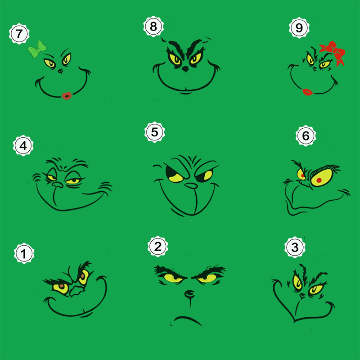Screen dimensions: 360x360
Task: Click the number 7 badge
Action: (19, 34)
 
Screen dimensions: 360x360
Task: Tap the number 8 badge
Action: (153, 27)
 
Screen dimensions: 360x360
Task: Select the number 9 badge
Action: (299, 28)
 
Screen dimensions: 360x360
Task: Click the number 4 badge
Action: (23, 145)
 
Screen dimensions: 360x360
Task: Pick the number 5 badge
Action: (154, 132)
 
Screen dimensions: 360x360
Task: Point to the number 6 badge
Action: (306, 136)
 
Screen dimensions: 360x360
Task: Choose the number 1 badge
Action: (24, 253)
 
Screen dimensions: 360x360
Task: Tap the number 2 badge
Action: (158, 247)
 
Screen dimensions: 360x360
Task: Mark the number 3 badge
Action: (295, 247)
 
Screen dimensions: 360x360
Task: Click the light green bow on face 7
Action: (37, 49)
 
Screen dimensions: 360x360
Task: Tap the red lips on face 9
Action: (307, 92)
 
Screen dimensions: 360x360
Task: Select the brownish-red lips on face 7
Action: (67, 96)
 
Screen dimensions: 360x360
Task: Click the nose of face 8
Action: (185, 69)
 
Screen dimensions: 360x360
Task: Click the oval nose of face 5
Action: (191, 185)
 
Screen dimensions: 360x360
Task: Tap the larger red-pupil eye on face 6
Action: (321, 177)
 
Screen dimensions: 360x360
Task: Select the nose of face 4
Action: (58, 184)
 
